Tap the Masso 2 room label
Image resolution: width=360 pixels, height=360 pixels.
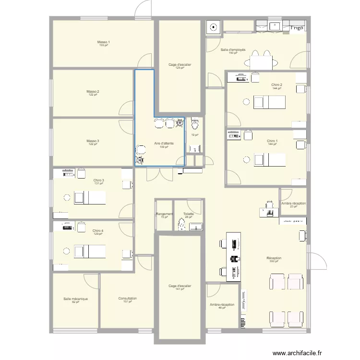click(93, 91)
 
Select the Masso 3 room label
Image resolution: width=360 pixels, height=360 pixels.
click(93, 141)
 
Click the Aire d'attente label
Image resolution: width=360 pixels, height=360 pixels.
click(164, 144)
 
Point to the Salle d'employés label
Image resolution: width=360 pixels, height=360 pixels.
click(233, 50)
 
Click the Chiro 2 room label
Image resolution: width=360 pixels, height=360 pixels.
click(276, 85)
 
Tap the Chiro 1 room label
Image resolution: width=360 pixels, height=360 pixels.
click(273, 141)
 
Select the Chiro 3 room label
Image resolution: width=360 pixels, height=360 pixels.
click(99, 180)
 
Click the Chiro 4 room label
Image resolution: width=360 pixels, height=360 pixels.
click(98, 230)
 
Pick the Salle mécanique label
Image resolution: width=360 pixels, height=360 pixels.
click(75, 299)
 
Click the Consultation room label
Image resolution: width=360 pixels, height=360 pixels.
click(128, 299)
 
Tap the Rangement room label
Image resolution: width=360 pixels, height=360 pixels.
click(164, 214)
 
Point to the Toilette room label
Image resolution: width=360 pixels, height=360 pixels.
click(188, 214)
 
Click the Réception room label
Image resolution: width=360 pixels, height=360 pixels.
click(274, 258)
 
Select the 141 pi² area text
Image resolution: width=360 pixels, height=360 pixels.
click(180, 289)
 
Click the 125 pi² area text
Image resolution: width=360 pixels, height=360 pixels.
click(180, 68)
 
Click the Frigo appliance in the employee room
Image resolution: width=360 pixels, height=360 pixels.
click(297, 28)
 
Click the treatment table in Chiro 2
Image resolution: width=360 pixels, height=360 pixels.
click(269, 102)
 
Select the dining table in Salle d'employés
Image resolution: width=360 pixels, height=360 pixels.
click(261, 62)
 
